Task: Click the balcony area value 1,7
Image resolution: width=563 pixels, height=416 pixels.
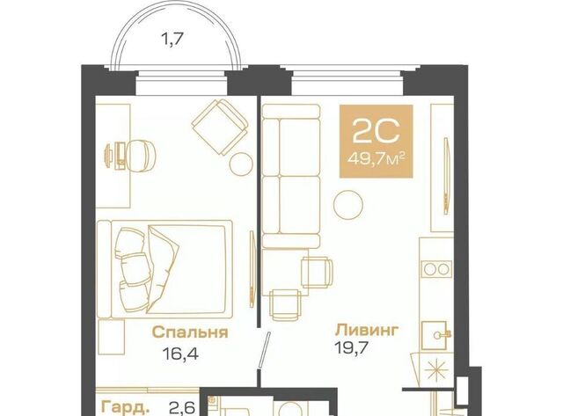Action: click(172, 39)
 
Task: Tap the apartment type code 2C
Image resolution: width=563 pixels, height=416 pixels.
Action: click(376, 131)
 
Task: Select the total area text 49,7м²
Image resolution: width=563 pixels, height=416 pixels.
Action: click(377, 158)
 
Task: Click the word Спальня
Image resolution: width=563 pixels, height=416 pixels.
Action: click(190, 332)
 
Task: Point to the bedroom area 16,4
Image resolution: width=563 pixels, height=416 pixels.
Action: click(180, 354)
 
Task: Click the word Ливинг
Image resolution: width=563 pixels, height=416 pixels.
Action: click(367, 330)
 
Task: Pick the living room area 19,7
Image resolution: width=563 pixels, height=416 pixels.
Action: click(352, 347)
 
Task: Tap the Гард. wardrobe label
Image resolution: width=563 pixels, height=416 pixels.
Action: click(125, 407)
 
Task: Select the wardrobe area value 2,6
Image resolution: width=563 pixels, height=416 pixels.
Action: click(182, 408)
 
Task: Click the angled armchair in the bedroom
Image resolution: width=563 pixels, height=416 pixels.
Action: click(220, 127)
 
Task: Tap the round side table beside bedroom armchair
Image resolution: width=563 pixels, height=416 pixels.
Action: click(241, 164)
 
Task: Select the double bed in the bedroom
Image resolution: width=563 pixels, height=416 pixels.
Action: click(165, 269)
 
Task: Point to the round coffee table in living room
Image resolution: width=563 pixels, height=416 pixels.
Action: click(348, 204)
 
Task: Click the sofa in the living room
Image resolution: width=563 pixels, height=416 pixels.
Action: click(291, 176)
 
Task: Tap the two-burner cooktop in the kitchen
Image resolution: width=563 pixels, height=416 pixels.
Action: click(436, 269)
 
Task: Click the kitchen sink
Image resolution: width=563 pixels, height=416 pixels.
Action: click(435, 335)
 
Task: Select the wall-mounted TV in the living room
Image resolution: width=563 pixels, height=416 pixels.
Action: click(447, 176)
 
